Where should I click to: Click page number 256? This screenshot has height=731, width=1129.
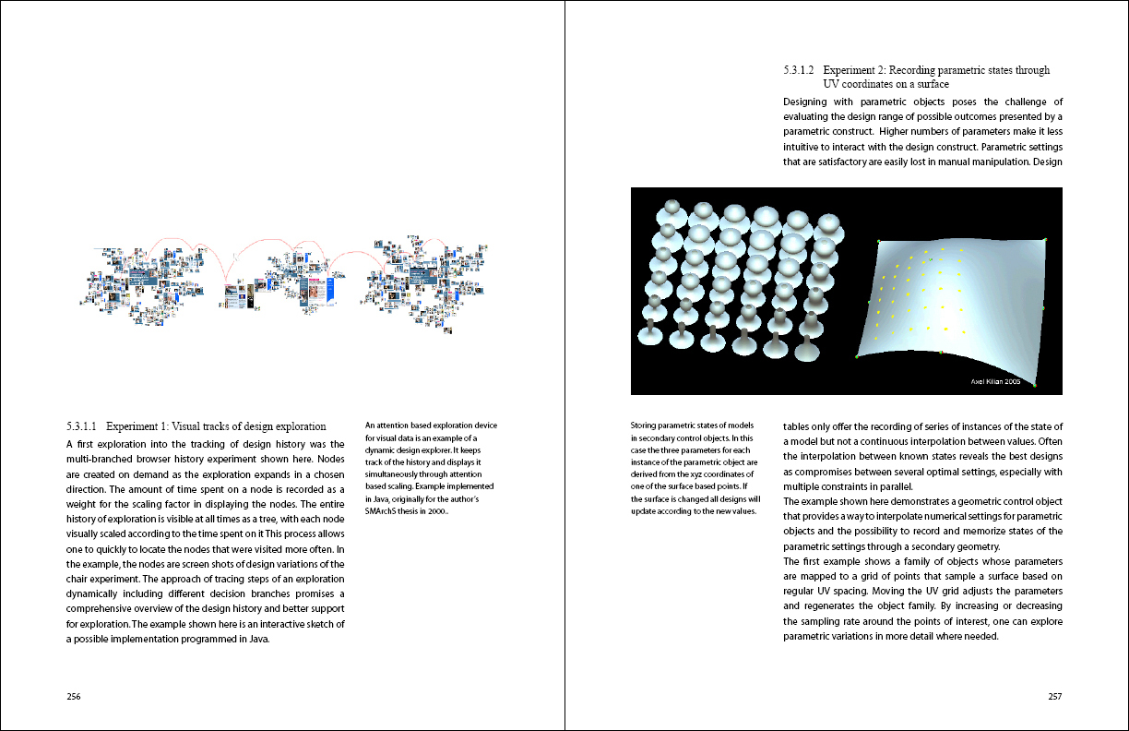(73, 697)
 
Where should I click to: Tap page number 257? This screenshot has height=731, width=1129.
(1055, 697)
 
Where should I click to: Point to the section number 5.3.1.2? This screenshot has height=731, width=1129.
(799, 70)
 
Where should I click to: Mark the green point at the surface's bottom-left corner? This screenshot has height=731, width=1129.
(857, 355)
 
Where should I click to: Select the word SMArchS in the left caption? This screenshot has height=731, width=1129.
(383, 511)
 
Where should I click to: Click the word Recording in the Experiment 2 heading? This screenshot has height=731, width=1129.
(924, 70)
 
